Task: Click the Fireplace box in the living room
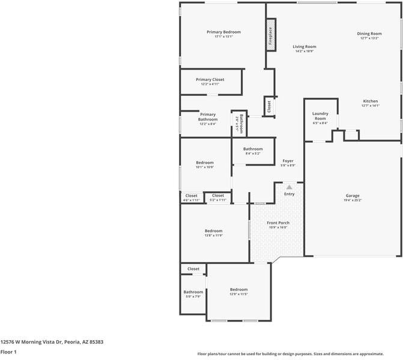pyautogui.click(x=270, y=36)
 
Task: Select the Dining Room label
pyautogui.click(x=369, y=34)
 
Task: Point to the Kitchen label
pyautogui.click(x=370, y=101)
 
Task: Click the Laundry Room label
pyautogui.click(x=320, y=116)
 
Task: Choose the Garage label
pyautogui.click(x=352, y=196)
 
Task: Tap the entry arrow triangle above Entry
pyautogui.click(x=289, y=188)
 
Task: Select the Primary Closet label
pyautogui.click(x=210, y=79)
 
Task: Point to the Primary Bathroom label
pyautogui.click(x=208, y=116)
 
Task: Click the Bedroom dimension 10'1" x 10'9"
pyautogui.click(x=205, y=167)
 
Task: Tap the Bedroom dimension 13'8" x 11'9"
pyautogui.click(x=213, y=235)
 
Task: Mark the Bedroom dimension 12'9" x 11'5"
pyautogui.click(x=238, y=294)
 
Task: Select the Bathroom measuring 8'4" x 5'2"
pyautogui.click(x=253, y=154)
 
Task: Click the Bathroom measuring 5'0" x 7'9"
pyautogui.click(x=193, y=296)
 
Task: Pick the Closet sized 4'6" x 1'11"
pyautogui.click(x=191, y=200)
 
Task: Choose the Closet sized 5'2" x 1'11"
pyautogui.click(x=217, y=200)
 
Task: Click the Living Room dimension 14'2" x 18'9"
pyautogui.click(x=305, y=51)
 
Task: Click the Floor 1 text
pyautogui.click(x=8, y=352)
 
